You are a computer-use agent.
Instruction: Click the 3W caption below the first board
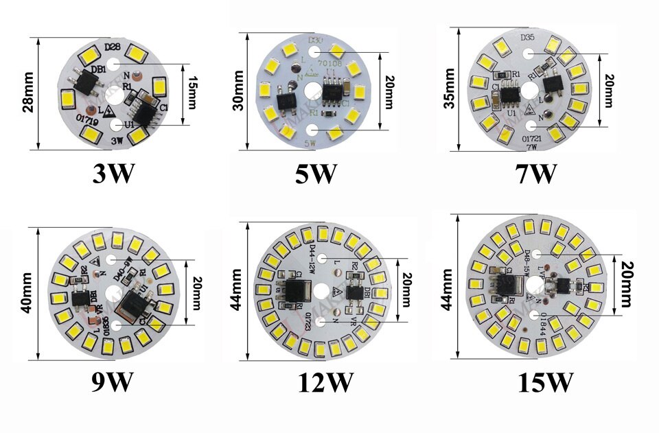tap(113, 173)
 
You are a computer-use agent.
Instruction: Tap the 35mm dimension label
tap(454, 89)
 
